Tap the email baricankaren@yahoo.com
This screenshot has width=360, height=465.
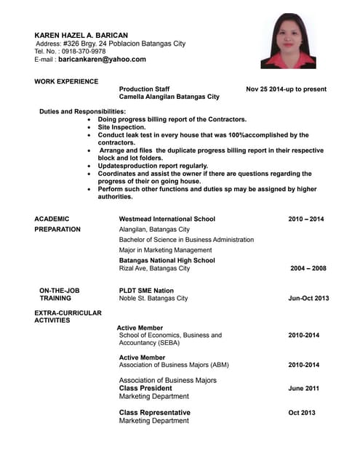103,60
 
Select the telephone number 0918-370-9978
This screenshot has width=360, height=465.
84,52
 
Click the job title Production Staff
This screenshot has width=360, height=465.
144,89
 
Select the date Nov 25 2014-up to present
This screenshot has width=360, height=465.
286,89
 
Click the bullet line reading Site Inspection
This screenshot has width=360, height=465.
121,127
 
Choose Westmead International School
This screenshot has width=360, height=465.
167,219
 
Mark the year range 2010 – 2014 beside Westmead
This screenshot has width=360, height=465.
305,219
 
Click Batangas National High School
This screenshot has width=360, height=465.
167,260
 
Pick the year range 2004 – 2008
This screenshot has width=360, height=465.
308,268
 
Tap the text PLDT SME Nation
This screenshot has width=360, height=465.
146,291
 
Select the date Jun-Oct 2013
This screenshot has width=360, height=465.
308,298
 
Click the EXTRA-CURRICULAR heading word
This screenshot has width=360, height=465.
68,313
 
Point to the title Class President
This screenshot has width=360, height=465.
145,388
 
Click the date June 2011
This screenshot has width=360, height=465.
303,388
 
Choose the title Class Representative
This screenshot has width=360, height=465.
154,413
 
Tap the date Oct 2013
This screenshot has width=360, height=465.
302,413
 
